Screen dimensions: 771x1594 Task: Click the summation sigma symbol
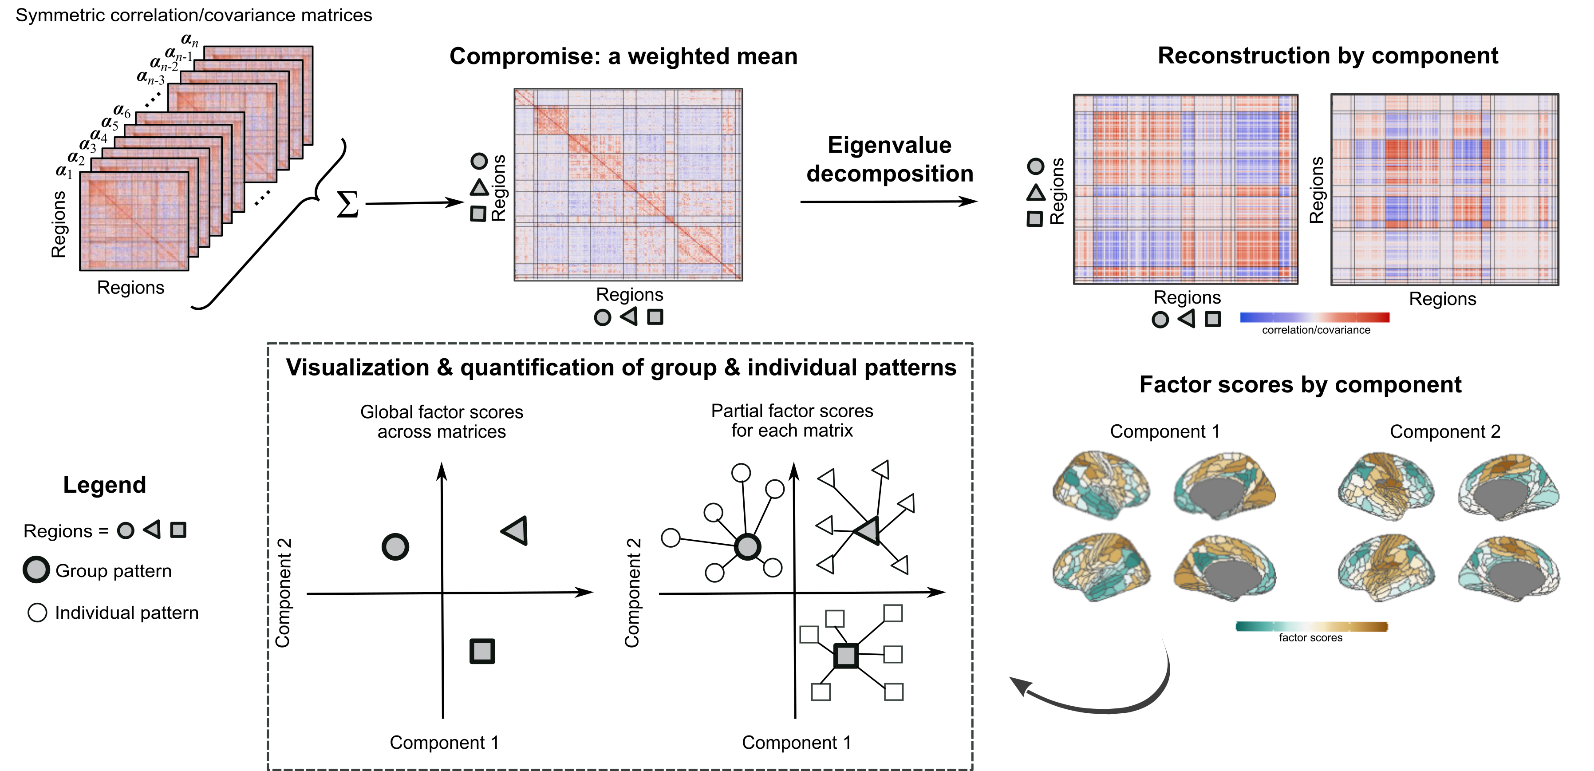347,204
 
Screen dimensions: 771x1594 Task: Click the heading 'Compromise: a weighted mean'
623,56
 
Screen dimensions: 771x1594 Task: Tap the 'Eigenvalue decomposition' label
889,159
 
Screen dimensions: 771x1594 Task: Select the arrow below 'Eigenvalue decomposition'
888,202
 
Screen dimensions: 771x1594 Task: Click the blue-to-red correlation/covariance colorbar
1314,317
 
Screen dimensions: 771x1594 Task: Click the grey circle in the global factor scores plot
395,547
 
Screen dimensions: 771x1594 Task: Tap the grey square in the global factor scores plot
482,651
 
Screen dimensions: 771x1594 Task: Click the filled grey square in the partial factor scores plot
846,655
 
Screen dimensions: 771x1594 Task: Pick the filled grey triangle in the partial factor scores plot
867,530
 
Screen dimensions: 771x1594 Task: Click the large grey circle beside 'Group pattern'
36,569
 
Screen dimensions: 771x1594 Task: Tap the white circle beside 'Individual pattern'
37,613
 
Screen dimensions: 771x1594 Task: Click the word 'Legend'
105,485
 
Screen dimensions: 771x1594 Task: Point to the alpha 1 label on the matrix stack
64,171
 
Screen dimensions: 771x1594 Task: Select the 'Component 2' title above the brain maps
1445,431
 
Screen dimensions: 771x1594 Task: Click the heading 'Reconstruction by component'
1327,55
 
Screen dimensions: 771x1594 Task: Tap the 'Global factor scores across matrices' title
442,421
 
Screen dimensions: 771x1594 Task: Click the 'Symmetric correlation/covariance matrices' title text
193,15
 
